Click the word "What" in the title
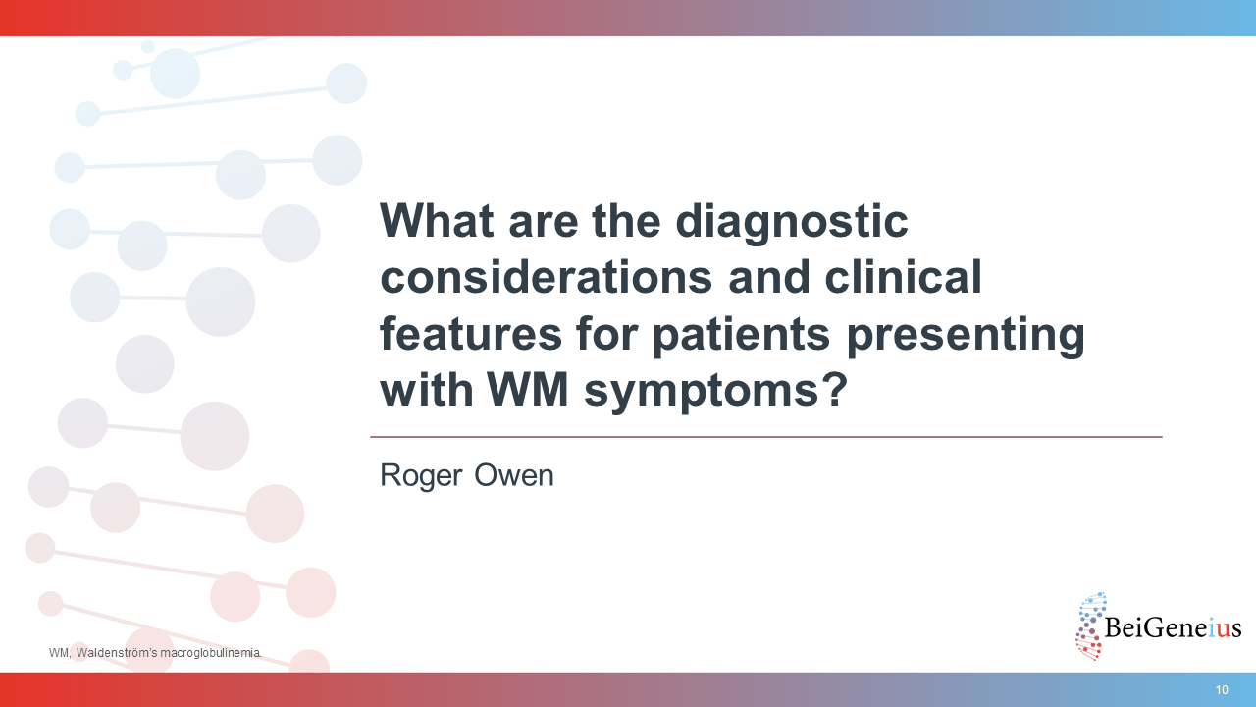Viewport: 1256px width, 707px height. [x=438, y=221]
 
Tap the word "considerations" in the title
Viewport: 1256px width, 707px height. [x=547, y=277]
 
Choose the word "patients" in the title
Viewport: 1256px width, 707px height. [x=741, y=336]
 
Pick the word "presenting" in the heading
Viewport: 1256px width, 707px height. [x=966, y=336]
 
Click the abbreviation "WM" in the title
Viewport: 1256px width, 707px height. [x=528, y=389]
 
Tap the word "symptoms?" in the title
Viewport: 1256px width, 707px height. [x=715, y=392]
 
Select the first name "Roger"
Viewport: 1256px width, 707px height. [x=421, y=476]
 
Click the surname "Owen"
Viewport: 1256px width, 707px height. [x=514, y=475]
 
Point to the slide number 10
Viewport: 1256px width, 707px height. [x=1222, y=689]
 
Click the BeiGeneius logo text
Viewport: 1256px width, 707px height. [x=1173, y=627]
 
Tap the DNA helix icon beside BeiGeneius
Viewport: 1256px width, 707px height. [x=1090, y=626]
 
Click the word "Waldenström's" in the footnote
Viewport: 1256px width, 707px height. [x=117, y=653]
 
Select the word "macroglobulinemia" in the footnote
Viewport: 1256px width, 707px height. [x=210, y=654]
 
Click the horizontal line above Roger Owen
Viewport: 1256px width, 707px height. [x=766, y=437]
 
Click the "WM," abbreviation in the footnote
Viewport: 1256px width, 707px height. [x=60, y=654]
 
